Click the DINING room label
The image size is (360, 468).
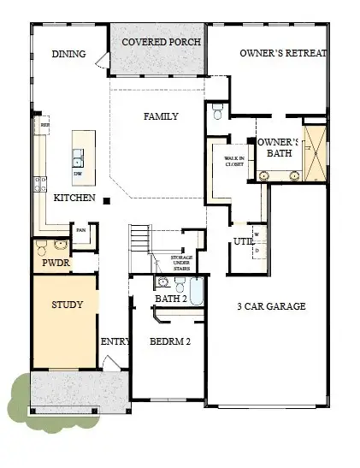(x=68, y=55)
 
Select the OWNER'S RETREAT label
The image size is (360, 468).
(x=282, y=55)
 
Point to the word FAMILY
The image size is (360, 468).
(x=161, y=116)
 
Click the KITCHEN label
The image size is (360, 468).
(x=74, y=198)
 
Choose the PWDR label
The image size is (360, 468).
(x=50, y=264)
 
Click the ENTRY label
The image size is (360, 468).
(x=115, y=341)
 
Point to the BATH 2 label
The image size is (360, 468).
(x=172, y=299)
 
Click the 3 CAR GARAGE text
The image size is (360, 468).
(x=271, y=305)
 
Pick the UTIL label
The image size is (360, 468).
(x=242, y=242)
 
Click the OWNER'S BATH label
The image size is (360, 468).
(x=280, y=147)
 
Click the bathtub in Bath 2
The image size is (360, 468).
(x=196, y=290)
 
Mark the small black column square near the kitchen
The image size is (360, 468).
(x=106, y=201)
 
